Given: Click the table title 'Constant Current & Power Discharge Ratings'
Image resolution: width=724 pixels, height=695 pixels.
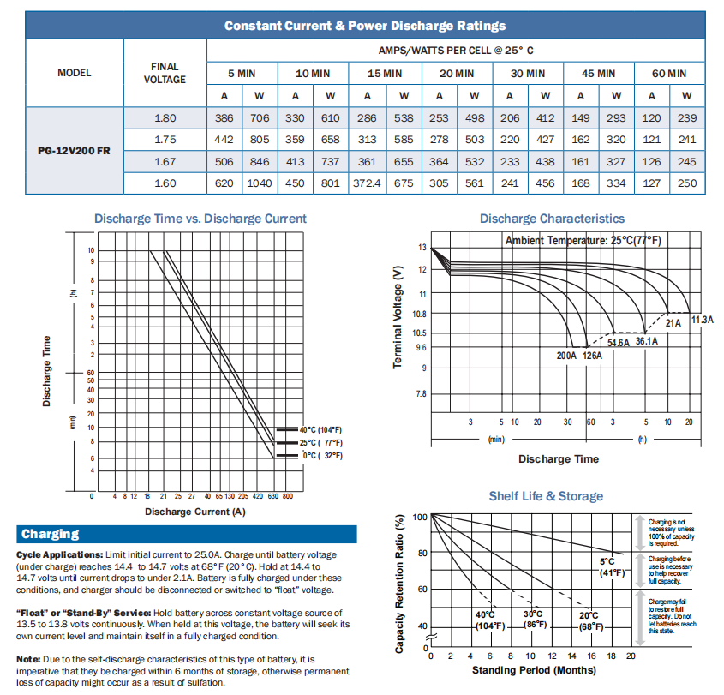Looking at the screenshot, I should point(364,26).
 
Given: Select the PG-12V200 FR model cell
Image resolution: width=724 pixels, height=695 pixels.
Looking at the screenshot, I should point(74,151).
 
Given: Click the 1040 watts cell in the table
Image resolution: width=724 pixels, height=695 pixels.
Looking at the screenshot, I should point(260,183).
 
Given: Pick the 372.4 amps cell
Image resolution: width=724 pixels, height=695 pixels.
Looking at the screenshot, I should point(367,183).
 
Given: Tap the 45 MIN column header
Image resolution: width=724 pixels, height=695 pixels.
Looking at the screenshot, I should point(598,74).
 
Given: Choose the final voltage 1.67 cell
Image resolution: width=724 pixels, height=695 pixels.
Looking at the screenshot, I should point(165,162).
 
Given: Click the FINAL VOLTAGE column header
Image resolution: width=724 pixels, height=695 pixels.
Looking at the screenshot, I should point(165,74).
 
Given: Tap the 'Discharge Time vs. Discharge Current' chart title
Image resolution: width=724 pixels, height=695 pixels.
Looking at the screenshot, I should point(200,219).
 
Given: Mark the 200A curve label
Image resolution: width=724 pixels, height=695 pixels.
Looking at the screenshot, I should point(566,355).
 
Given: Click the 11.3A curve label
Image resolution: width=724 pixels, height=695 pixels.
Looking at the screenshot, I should point(702,320).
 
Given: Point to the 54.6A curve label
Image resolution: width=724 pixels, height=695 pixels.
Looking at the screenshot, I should point(618,343).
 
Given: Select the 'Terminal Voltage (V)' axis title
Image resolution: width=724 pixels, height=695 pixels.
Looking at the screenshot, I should point(398,318).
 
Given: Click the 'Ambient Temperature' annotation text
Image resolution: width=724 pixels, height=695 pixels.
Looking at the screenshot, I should point(583,241).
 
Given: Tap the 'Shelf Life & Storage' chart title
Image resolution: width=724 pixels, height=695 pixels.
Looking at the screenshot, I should point(546,496).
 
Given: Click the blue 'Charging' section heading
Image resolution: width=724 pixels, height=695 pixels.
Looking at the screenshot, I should point(51,534).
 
